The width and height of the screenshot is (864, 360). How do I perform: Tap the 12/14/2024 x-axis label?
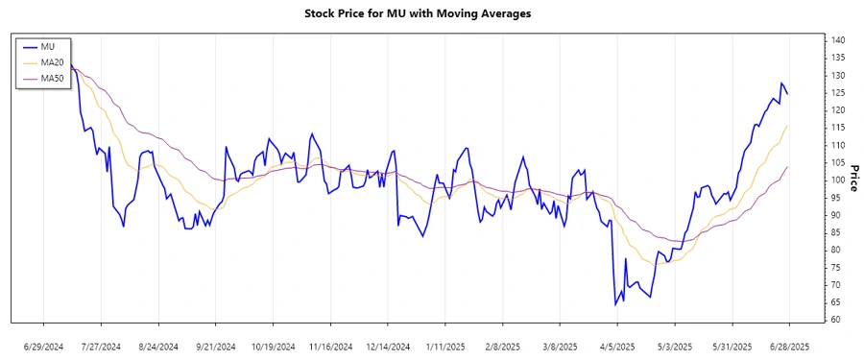click(x=388, y=346)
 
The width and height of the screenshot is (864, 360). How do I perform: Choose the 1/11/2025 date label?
click(x=445, y=346)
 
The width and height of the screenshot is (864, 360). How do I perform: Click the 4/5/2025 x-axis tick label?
click(x=617, y=346)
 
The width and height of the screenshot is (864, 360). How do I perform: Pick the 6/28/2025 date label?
click(x=789, y=346)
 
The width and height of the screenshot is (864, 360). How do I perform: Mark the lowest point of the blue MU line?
click(x=615, y=305)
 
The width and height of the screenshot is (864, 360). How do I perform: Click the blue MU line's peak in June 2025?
click(x=781, y=84)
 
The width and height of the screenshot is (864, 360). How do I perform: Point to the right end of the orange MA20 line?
click(x=788, y=125)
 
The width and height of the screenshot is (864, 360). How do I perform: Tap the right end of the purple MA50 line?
click(x=788, y=166)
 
